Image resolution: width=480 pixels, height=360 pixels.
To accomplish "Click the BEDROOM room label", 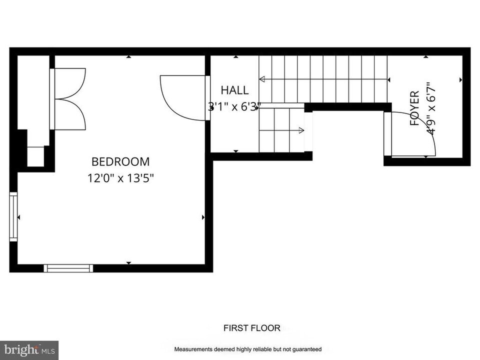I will [120, 162].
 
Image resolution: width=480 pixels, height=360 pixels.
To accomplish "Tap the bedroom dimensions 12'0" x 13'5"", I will [120, 178].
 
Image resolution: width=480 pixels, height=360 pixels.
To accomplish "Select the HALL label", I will [234, 90].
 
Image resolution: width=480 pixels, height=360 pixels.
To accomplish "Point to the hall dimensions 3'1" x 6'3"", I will [234, 106].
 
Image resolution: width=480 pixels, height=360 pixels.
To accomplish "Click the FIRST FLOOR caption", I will [251, 328].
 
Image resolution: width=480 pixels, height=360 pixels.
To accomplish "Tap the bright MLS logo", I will [29, 349].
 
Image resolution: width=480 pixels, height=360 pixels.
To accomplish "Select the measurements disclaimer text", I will [247, 349].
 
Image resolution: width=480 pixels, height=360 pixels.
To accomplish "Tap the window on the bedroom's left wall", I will [13, 217].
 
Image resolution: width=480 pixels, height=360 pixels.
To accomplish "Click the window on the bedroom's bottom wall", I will [68, 268].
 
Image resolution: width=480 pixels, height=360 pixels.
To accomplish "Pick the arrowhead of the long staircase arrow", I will [261, 79].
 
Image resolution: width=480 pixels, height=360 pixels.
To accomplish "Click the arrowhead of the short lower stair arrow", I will [301, 130].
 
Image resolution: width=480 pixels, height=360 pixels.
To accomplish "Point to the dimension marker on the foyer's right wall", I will [460, 79].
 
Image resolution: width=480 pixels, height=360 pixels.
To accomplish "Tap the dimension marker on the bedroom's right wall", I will [203, 217].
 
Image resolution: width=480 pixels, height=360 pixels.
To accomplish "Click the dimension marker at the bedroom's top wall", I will [129, 57].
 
